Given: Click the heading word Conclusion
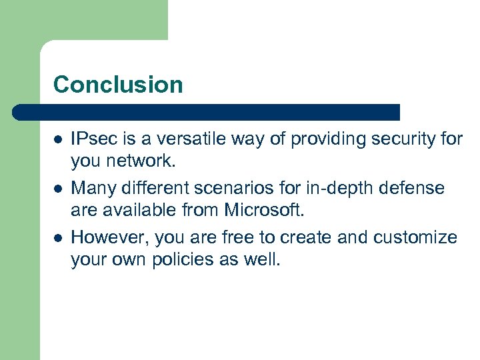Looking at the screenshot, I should coord(118,85).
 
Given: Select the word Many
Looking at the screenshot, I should coord(91,189).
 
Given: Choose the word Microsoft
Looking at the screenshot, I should coord(264,211).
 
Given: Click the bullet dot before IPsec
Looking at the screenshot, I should coord(58,140).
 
